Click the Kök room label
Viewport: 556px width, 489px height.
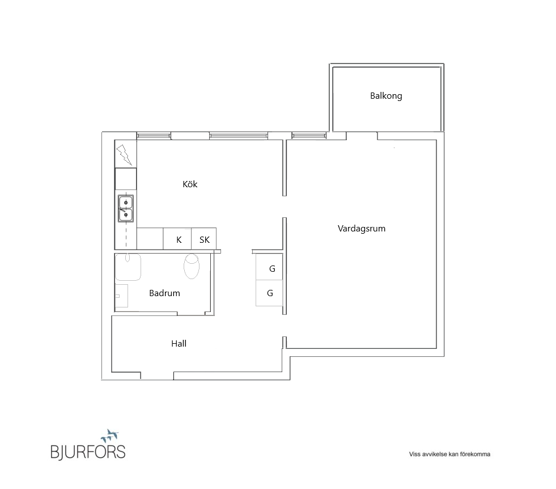(190, 184)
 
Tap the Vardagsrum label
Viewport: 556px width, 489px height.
(362, 229)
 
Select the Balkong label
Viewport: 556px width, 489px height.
(386, 96)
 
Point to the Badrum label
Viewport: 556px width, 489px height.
(164, 293)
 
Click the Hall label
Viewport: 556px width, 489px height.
(179, 344)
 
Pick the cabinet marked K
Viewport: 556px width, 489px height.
(177, 238)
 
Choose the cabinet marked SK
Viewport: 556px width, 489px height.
(204, 238)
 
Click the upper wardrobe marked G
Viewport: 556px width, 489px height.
(269, 267)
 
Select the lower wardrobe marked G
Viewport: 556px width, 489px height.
(269, 293)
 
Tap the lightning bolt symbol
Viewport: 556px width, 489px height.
(124, 155)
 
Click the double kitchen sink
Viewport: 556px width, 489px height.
(126, 209)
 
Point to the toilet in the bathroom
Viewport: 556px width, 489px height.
(192, 266)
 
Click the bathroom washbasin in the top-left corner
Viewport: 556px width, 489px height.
(128, 267)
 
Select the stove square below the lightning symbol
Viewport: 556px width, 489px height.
(126, 179)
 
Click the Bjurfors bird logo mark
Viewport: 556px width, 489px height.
(109, 435)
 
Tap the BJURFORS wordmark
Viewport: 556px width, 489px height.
(88, 452)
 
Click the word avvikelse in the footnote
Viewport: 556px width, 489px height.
(434, 454)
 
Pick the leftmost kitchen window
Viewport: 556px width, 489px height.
(154, 136)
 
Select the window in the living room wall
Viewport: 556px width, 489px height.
(309, 136)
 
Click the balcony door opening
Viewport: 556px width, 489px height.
(362, 136)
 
